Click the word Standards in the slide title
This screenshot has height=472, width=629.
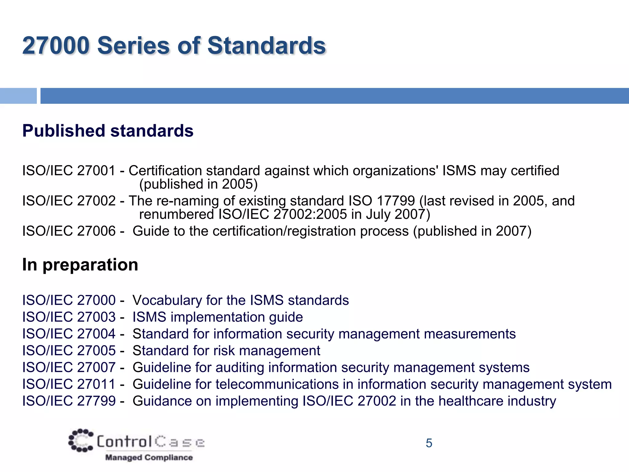[x=266, y=45]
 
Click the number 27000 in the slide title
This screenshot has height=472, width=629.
[x=56, y=45]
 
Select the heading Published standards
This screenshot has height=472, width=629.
[x=108, y=131]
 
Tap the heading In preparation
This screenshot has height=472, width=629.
[x=80, y=265]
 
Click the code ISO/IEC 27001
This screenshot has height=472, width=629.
[x=69, y=171]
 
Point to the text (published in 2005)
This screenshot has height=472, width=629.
[x=198, y=184]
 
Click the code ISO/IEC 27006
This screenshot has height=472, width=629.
[x=69, y=231]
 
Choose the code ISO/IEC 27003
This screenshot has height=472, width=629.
[x=69, y=317]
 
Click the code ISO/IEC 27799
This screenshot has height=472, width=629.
[x=69, y=401]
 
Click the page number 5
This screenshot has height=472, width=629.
[x=429, y=443]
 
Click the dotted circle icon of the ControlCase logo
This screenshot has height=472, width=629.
[x=81, y=440]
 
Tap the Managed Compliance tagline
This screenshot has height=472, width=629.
[x=149, y=458]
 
